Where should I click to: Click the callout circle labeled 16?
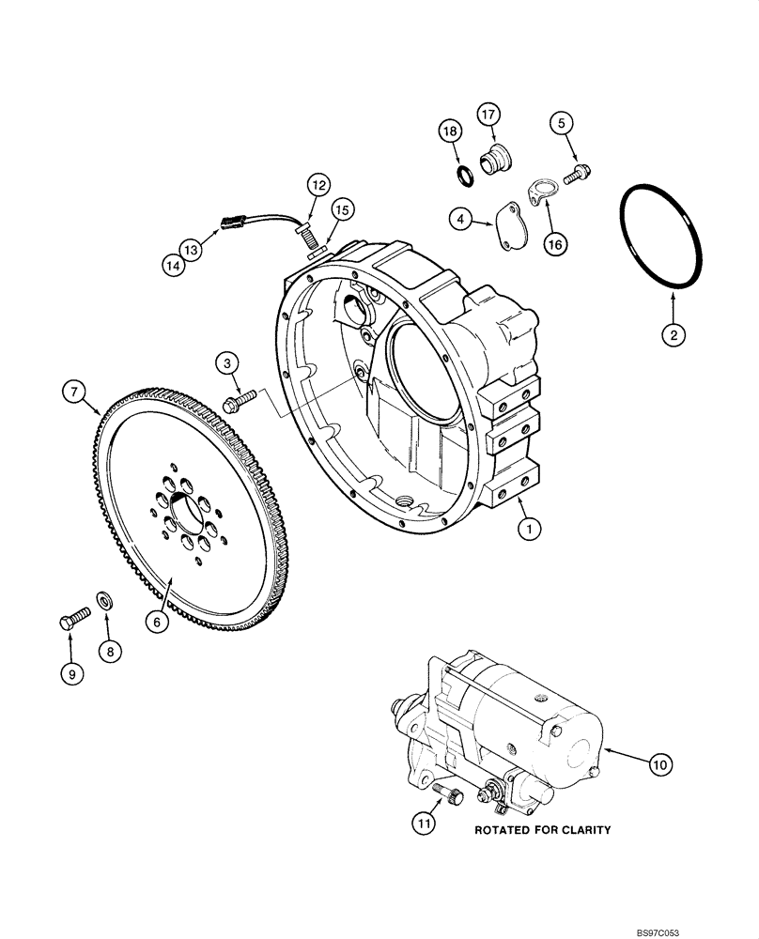(554, 244)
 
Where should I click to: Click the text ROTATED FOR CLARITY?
(542, 830)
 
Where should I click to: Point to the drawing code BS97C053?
(721, 929)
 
